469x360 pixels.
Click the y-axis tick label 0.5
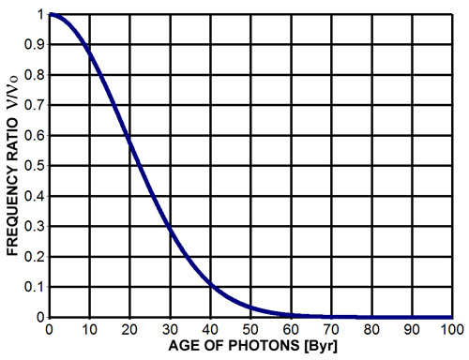pyautogui.click(x=35, y=166)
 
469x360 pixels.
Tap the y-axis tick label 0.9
pyautogui.click(x=35, y=45)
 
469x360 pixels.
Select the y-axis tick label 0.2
pyautogui.click(x=35, y=257)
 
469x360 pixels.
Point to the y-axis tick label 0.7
pyautogui.click(x=35, y=106)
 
